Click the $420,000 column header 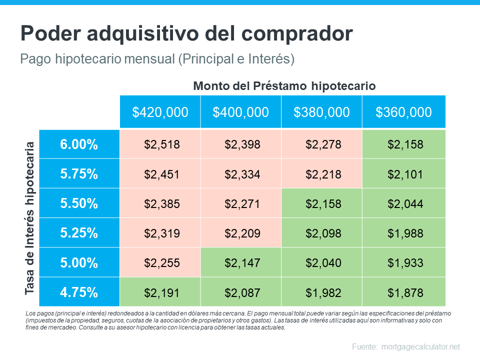pos(160,112)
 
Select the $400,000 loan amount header pos(240,112)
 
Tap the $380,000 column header pos(321,112)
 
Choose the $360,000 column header pos(403,112)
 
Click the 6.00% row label pos(79,144)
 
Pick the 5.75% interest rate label pos(79,174)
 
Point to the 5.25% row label pos(79,233)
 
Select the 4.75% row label pos(79,292)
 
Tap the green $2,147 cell pos(241,262)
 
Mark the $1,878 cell pos(405,292)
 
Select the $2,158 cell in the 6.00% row pos(405,144)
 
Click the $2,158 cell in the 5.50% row pos(323,203)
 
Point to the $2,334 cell pos(241,174)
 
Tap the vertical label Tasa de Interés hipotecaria pos(30,217)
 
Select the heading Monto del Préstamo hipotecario pos(284,86)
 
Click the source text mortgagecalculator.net pos(420,346)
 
